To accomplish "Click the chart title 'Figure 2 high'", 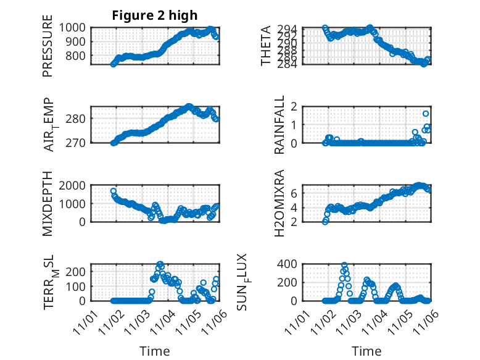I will [155, 15].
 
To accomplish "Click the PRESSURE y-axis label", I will [48, 50].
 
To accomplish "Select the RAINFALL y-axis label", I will [279, 124].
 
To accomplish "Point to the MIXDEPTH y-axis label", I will [48, 204].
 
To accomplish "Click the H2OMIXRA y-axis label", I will [279, 203].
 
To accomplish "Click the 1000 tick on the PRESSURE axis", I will [77, 27].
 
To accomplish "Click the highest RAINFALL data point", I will [426, 114].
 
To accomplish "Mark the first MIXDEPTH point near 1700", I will [114, 191].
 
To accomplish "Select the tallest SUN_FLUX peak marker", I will [344, 266].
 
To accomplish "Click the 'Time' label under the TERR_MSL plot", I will [155, 351].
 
